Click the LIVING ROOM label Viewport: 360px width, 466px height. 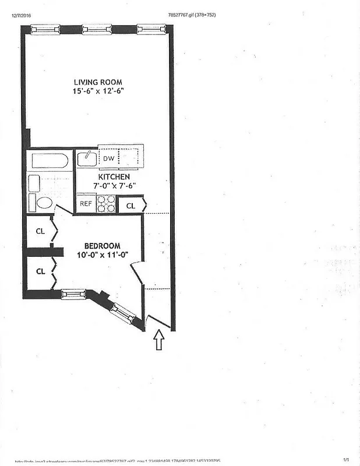tap(98, 82)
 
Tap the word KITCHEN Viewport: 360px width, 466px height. tap(114, 176)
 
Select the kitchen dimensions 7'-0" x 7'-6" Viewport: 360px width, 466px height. tap(115, 186)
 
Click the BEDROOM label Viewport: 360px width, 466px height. tap(102, 245)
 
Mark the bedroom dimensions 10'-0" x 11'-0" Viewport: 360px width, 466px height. tap(102, 255)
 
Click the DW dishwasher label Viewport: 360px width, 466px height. tap(108, 158)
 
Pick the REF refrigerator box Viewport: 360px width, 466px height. tap(86, 203)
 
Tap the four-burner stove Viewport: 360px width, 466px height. tap(105, 203)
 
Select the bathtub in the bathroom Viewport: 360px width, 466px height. tap(50, 160)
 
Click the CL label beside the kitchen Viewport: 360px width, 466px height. tap(130, 205)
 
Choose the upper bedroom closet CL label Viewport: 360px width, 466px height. tap(40, 231)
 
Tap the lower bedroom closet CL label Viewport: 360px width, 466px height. tap(40, 271)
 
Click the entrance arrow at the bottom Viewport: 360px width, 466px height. tap(160, 340)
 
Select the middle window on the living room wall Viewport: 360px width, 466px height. tap(97, 29)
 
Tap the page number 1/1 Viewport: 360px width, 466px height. tap(346, 460)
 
